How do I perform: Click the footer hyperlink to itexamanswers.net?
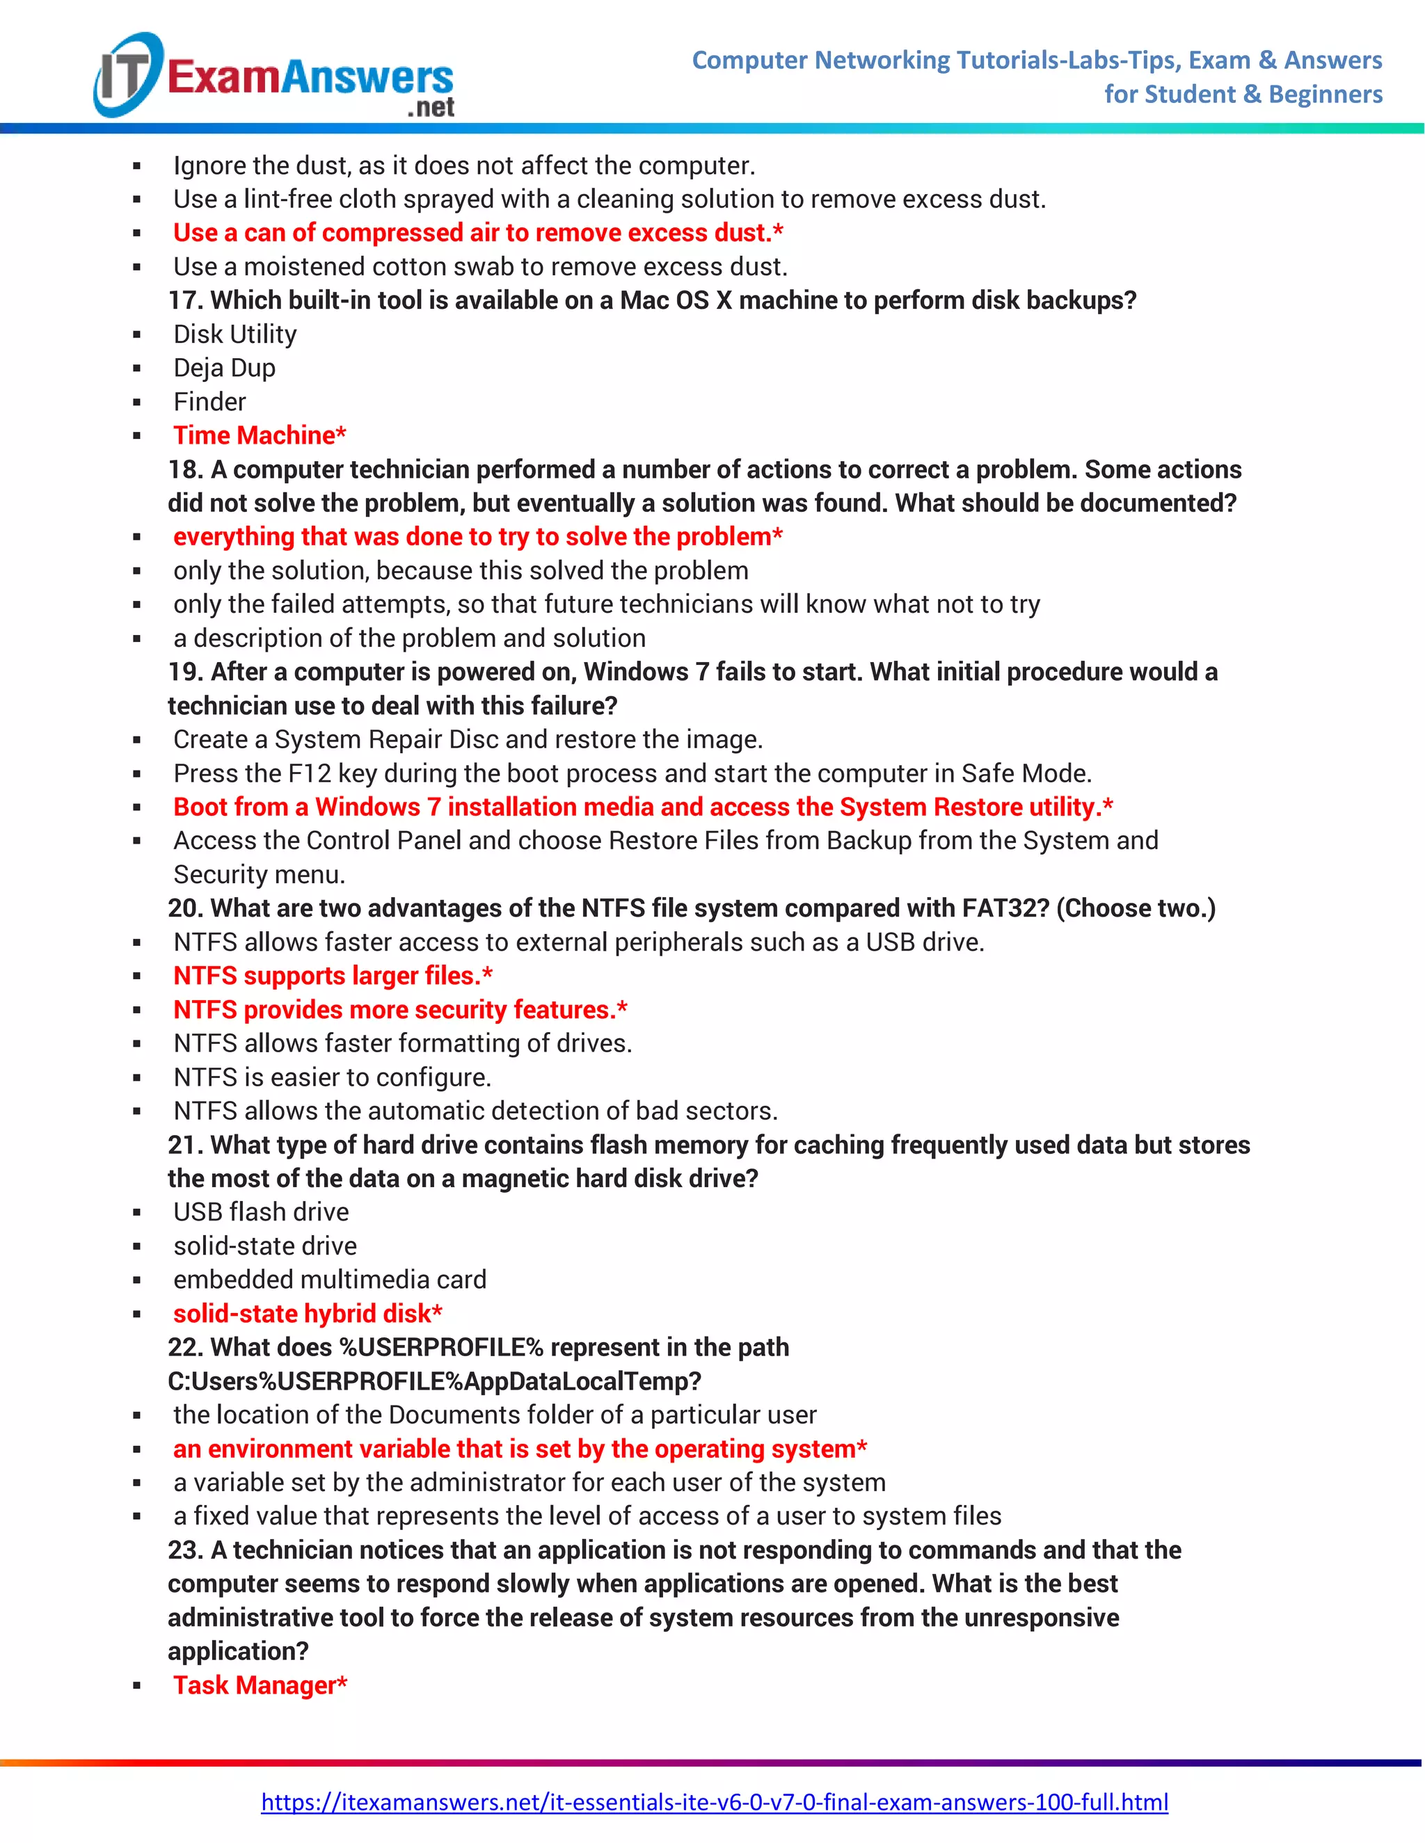pos(714,1802)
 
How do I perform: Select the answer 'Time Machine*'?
pos(259,435)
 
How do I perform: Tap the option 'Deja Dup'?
pos(224,368)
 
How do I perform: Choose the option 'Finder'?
pos(209,402)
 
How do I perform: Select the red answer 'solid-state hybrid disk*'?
pos(308,1313)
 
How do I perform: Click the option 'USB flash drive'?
pos(261,1212)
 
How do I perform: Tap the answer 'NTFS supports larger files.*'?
pos(333,976)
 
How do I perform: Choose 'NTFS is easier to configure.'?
pos(332,1077)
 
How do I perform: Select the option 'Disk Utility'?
pos(234,334)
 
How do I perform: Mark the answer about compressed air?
pos(478,233)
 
